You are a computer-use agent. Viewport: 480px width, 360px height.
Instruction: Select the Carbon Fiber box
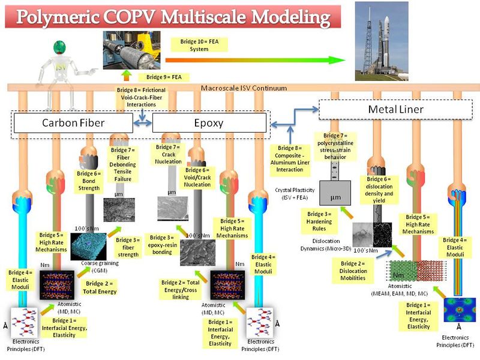(73, 123)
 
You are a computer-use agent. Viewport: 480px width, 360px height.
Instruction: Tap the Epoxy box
(209, 123)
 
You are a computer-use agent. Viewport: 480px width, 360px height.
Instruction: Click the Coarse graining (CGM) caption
(88, 265)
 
